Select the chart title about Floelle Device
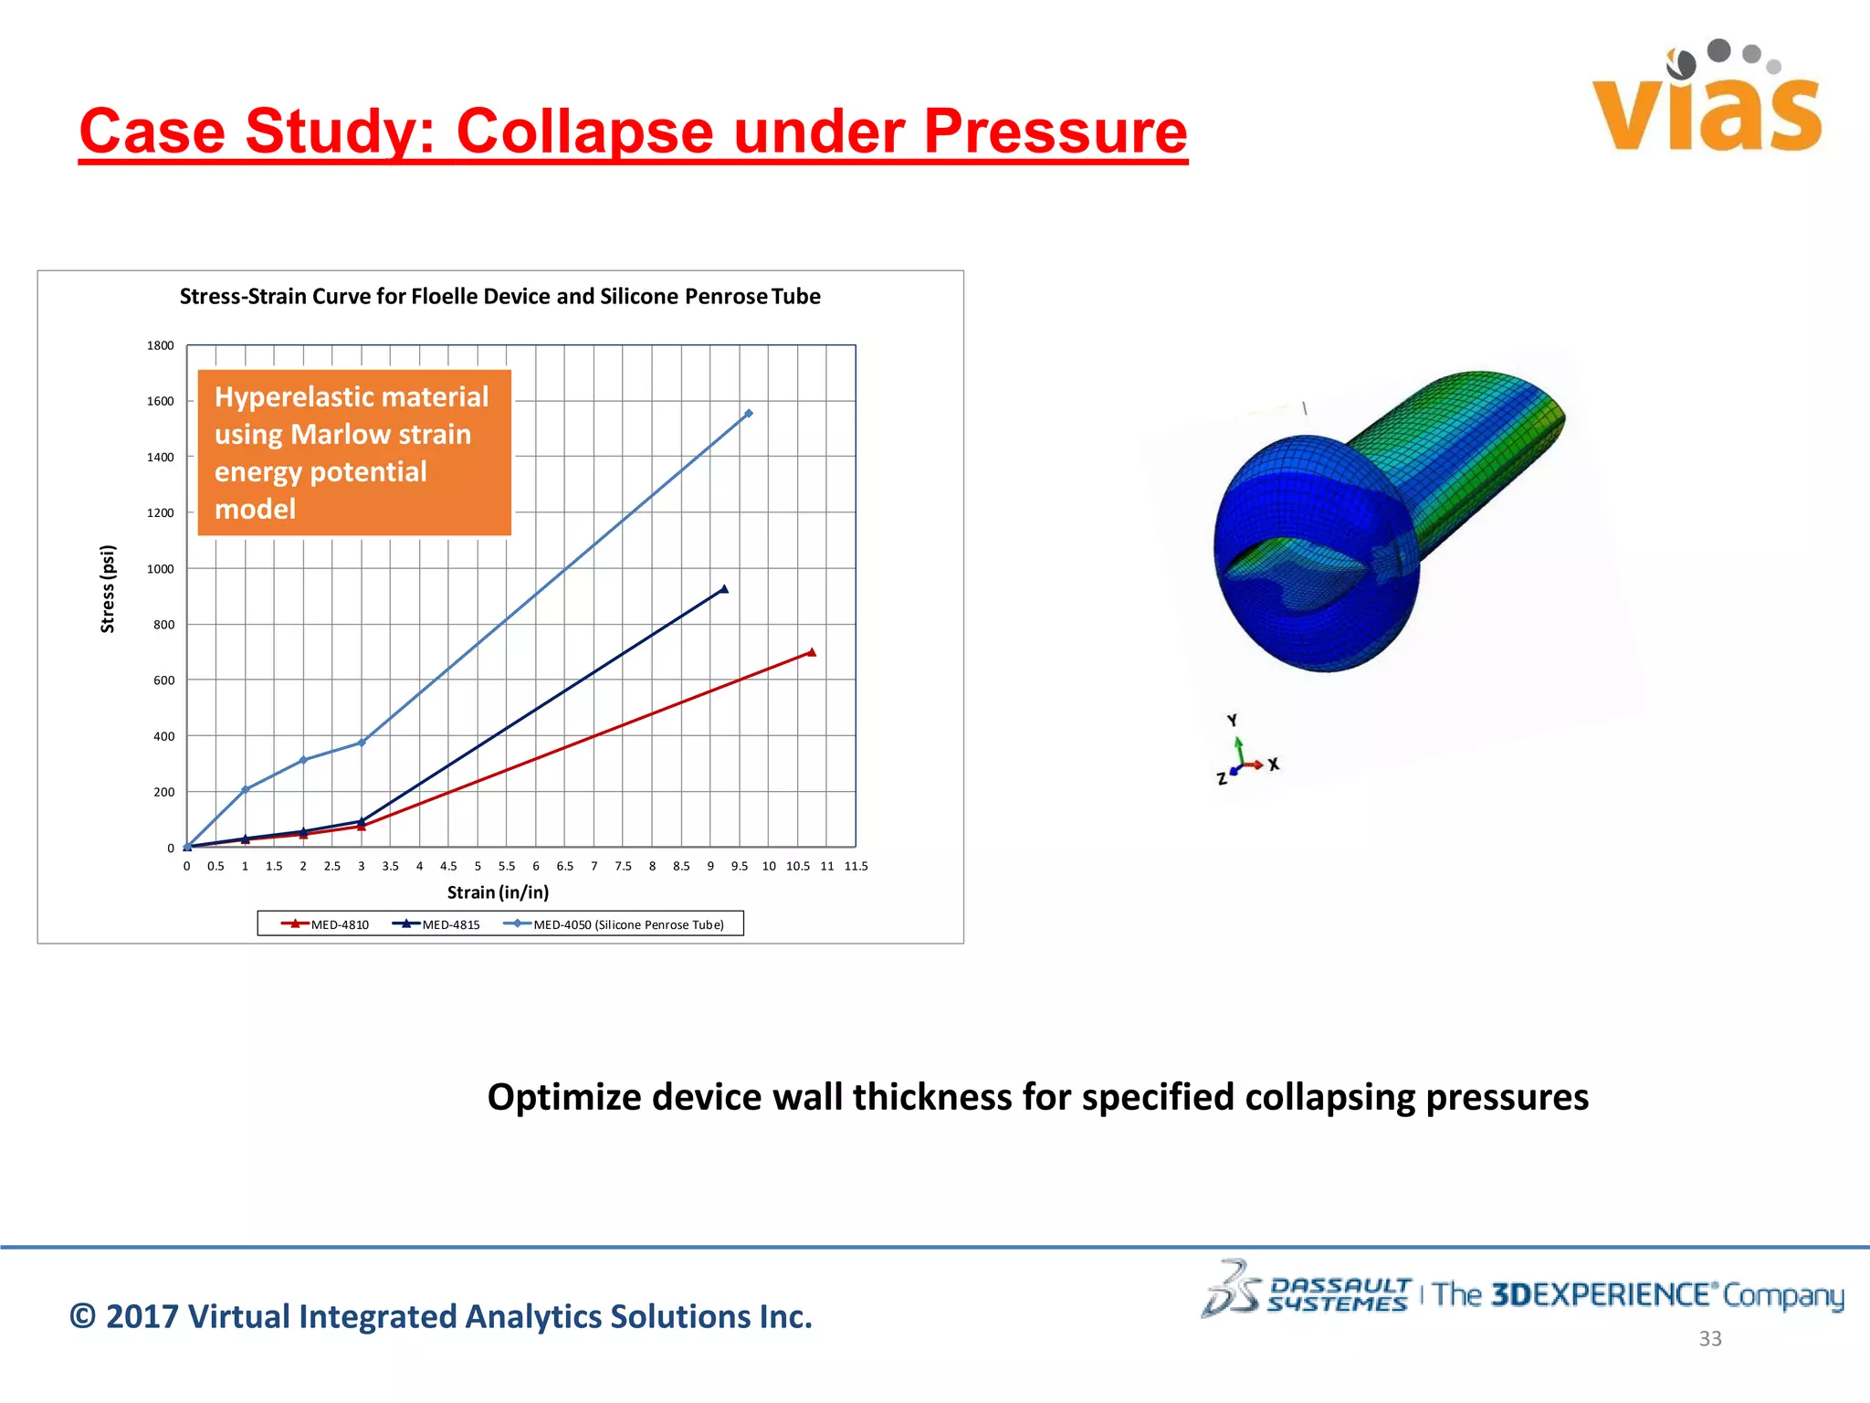[499, 297]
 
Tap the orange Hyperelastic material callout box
[354, 453]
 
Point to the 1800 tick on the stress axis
[160, 345]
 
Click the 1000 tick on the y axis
[160, 569]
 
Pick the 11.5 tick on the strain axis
[856, 866]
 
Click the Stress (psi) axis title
[108, 589]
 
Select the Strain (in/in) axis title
[498, 892]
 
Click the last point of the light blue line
[749, 414]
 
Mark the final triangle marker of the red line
[812, 652]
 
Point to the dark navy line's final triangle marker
[724, 589]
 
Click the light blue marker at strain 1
[245, 790]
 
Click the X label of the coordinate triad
[1274, 765]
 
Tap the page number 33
[1709, 1339]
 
